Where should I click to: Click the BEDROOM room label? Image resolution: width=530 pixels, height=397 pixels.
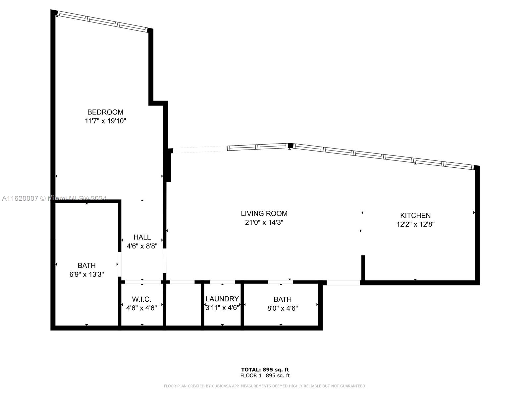tap(105, 112)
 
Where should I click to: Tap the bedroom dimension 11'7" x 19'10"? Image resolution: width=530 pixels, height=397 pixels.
tap(105, 121)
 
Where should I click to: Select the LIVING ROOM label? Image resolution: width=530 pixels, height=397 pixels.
tap(264, 214)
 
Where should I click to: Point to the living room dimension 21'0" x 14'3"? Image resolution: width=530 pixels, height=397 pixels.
tap(264, 222)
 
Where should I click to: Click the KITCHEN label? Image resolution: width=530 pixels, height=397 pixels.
tap(415, 215)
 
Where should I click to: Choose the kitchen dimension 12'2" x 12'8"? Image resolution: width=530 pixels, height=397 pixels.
tap(415, 224)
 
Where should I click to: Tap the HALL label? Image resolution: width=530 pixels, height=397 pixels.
tap(142, 237)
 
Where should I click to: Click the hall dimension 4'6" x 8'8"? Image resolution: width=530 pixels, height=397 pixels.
tap(142, 246)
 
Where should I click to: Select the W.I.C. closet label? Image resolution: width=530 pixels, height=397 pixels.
tap(141, 299)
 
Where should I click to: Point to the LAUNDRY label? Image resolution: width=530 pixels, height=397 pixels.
tap(222, 299)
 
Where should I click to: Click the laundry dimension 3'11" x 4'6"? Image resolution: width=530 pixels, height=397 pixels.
tap(222, 308)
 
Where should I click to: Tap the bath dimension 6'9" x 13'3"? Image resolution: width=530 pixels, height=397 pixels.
tap(86, 274)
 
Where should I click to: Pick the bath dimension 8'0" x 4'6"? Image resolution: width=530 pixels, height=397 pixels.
tap(283, 308)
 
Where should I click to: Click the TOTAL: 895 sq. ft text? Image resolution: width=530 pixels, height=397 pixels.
tap(265, 370)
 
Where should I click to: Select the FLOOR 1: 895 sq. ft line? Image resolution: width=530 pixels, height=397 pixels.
tap(265, 375)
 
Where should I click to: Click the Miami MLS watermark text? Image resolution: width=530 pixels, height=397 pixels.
tap(54, 198)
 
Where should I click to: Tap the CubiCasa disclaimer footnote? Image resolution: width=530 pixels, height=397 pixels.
tap(265, 386)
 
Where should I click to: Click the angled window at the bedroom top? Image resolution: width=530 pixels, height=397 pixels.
tap(102, 22)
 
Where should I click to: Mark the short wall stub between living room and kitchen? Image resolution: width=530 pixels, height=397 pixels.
tap(363, 268)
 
